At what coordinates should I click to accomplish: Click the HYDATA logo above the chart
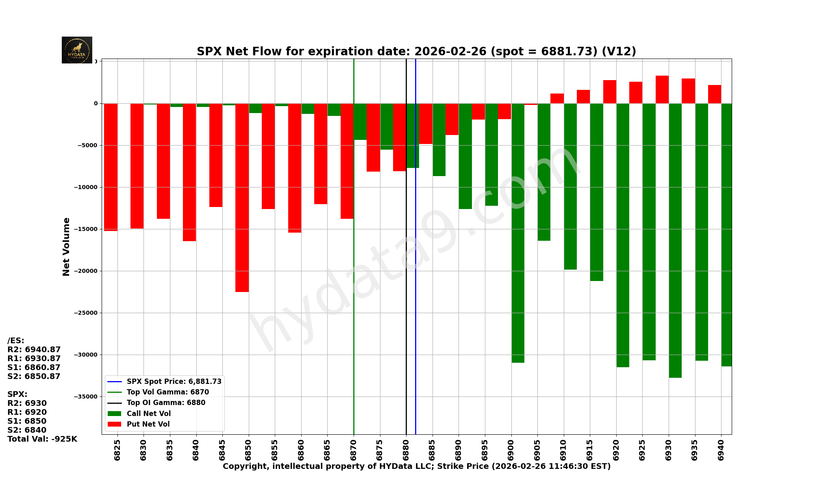[x=77, y=50]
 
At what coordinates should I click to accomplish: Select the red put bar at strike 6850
[x=242, y=198]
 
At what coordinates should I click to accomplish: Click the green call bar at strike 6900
[x=518, y=233]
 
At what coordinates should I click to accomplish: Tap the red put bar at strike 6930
[x=662, y=89]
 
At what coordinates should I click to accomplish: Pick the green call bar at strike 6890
[x=465, y=156]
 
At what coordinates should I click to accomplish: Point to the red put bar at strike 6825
[x=111, y=167]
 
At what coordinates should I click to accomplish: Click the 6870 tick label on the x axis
[x=354, y=450]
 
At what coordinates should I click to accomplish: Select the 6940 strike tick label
[x=721, y=450]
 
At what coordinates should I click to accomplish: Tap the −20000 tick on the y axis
[x=86, y=271]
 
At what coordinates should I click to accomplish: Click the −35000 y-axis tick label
[x=86, y=397]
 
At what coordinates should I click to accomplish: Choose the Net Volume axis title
[x=66, y=247]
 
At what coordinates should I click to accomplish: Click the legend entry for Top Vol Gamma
[x=167, y=392]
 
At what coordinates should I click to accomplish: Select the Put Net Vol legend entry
[x=148, y=424]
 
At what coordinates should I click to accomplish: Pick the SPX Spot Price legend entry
[x=174, y=381]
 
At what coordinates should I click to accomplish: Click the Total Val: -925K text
[x=42, y=439]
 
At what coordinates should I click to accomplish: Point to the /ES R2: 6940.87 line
[x=34, y=350]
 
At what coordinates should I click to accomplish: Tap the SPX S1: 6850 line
[x=27, y=421]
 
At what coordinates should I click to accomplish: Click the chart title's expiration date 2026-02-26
[x=450, y=52]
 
